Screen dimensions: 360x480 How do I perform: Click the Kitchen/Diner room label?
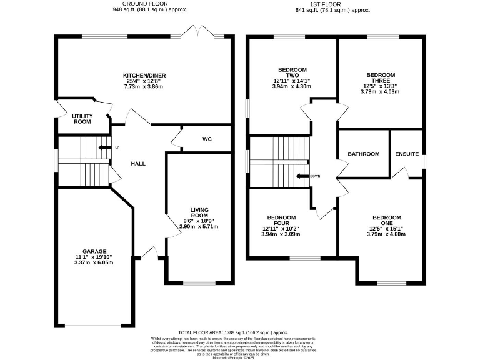click(144, 76)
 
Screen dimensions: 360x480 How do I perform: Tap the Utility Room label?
click(82, 119)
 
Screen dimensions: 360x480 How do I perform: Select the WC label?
click(207, 139)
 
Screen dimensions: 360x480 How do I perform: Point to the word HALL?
click(138, 164)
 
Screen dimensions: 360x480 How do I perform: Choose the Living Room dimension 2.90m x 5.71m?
click(200, 226)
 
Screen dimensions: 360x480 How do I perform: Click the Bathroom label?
click(364, 154)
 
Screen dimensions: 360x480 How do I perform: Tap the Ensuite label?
click(406, 154)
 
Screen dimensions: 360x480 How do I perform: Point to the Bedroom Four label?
click(281, 221)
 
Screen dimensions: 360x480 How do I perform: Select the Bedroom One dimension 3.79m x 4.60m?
click(386, 234)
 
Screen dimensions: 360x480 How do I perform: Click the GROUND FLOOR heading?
click(149, 4)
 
